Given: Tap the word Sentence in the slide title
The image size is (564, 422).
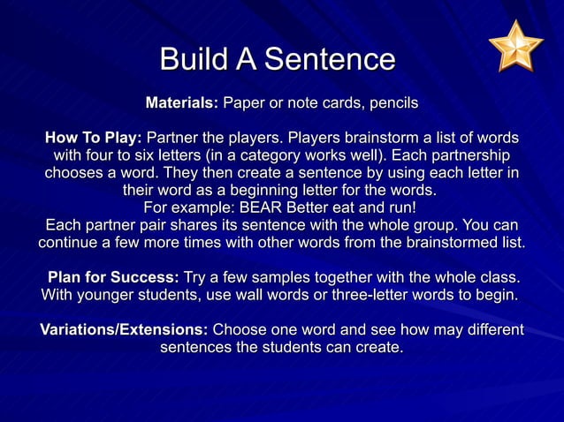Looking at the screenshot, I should coord(329,59).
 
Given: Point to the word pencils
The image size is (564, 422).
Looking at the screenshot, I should coord(393,104).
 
